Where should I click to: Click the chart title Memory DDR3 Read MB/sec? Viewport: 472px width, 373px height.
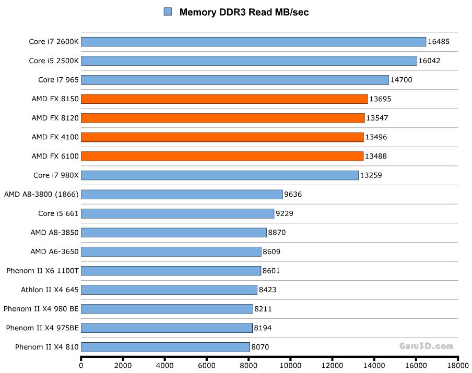click(x=244, y=12)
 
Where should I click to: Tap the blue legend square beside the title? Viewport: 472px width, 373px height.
click(x=168, y=11)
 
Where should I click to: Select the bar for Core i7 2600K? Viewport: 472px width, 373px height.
click(x=253, y=42)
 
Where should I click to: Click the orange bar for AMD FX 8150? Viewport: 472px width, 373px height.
click(x=224, y=99)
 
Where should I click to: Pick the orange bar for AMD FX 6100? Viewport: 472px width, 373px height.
click(x=222, y=156)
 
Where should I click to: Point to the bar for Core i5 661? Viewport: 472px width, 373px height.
click(x=178, y=213)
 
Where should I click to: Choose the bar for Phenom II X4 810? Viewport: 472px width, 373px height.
click(x=165, y=347)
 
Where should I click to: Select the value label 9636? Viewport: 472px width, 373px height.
click(x=293, y=195)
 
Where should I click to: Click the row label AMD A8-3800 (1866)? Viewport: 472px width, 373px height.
click(x=41, y=195)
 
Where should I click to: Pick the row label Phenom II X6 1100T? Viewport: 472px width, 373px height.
click(x=42, y=271)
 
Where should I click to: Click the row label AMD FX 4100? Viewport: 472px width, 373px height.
click(x=55, y=137)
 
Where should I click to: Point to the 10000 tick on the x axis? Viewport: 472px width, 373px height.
click(x=290, y=366)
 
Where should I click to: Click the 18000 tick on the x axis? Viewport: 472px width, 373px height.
click(x=458, y=366)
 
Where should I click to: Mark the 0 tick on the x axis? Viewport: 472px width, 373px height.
click(x=81, y=366)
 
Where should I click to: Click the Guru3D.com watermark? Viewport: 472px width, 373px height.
click(x=427, y=345)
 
